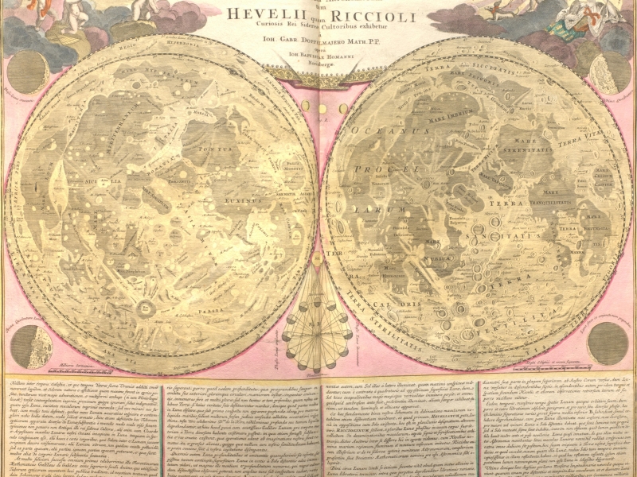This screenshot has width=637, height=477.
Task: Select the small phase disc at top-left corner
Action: click(x=29, y=72)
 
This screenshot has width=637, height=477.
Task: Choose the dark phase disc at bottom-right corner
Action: click(x=608, y=341)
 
